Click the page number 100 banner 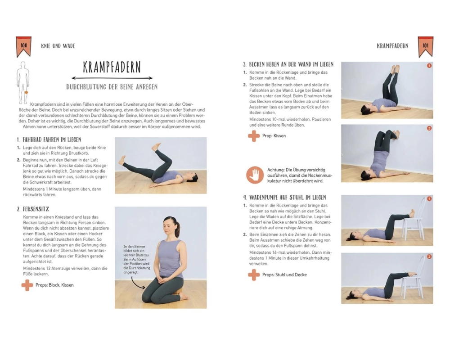(23, 46)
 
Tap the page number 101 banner (425, 46)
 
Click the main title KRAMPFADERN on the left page (112, 67)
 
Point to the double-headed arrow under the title (112, 78)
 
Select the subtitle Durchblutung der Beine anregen (112, 87)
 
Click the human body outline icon (23, 83)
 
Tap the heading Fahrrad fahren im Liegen (49, 140)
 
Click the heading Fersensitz (33, 209)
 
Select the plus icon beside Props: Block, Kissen (27, 285)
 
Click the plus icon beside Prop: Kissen (254, 136)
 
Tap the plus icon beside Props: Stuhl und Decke (254, 275)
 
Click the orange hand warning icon (255, 175)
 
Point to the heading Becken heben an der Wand (288, 64)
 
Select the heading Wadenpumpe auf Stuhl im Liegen (285, 198)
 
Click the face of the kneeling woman (169, 227)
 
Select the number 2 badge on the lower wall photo (429, 128)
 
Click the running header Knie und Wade (58, 46)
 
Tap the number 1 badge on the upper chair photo (429, 198)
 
